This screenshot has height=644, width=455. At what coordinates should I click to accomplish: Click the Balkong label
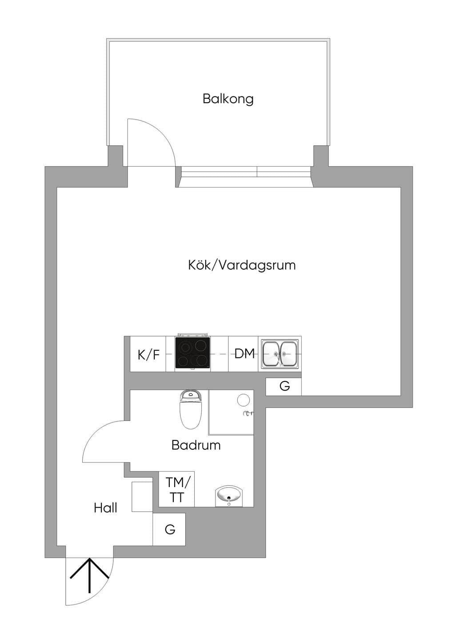pyautogui.click(x=228, y=99)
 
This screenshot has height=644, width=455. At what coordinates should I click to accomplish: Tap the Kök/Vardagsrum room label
pyautogui.click(x=242, y=265)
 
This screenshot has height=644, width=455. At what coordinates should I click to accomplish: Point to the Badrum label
pyautogui.click(x=196, y=445)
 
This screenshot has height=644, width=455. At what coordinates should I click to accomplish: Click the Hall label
pyautogui.click(x=105, y=508)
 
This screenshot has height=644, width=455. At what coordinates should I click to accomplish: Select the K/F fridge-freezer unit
pyautogui.click(x=148, y=354)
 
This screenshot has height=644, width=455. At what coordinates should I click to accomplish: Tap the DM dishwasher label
pyautogui.click(x=244, y=354)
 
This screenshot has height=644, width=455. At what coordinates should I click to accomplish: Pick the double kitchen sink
pyautogui.click(x=279, y=354)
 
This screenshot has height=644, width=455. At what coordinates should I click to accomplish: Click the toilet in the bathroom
pyautogui.click(x=191, y=410)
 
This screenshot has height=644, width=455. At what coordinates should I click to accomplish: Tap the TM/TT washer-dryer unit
pyautogui.click(x=176, y=489)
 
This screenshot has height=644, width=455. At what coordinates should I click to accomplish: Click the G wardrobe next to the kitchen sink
pyautogui.click(x=283, y=387)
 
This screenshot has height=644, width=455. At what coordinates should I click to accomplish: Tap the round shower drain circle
pyautogui.click(x=243, y=400)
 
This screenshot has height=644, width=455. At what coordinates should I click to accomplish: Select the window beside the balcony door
pyautogui.click(x=246, y=176)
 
